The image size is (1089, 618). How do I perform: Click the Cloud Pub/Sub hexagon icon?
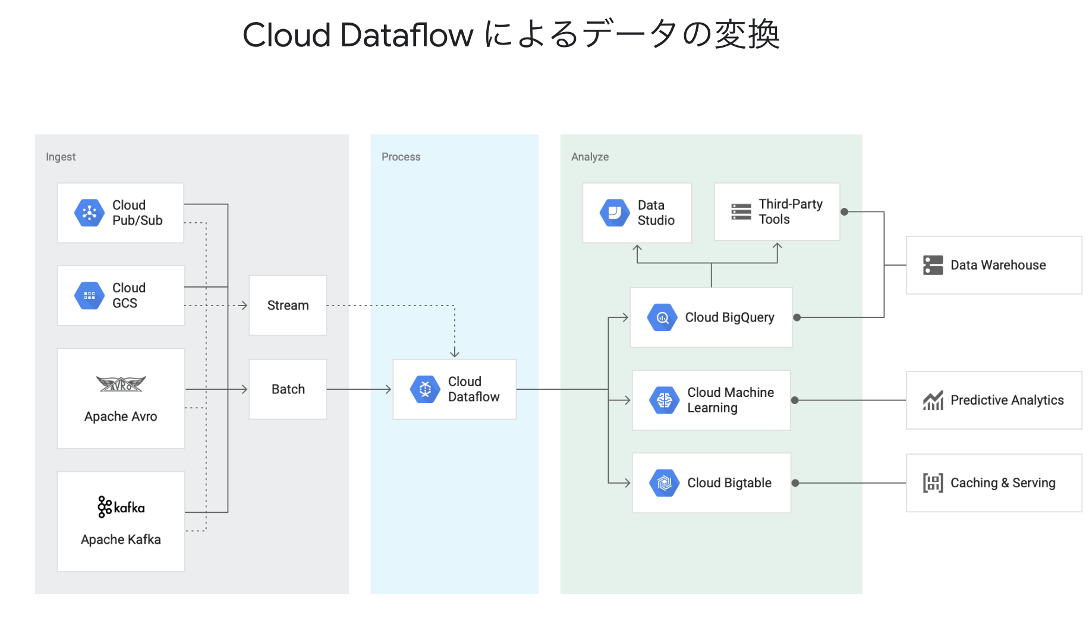pyautogui.click(x=89, y=213)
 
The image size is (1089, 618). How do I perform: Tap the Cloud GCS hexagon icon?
pyautogui.click(x=89, y=295)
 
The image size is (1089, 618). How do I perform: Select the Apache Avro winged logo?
pyautogui.click(x=121, y=384)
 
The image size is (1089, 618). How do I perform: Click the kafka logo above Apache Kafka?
pyautogui.click(x=121, y=507)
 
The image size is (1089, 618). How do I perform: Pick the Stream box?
pyautogui.click(x=288, y=305)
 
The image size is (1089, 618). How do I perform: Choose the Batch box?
pyautogui.click(x=288, y=389)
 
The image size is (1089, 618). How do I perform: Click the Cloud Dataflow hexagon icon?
pyautogui.click(x=425, y=389)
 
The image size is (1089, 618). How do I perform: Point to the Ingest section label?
pyautogui.click(x=61, y=157)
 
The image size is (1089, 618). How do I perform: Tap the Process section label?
pyautogui.click(x=401, y=157)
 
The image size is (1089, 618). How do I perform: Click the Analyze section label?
pyautogui.click(x=590, y=157)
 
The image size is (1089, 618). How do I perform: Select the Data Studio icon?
pyautogui.click(x=615, y=213)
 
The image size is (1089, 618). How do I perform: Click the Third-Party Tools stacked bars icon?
pyautogui.click(x=741, y=212)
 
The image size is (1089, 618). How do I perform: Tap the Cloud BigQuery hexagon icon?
pyautogui.click(x=662, y=317)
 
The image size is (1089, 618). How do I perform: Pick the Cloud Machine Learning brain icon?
pyautogui.click(x=665, y=400)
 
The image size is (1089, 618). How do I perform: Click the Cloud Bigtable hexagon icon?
pyautogui.click(x=665, y=483)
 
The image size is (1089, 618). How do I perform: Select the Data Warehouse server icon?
pyautogui.click(x=933, y=265)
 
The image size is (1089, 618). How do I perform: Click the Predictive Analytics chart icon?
pyautogui.click(x=933, y=401)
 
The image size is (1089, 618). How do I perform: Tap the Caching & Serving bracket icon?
pyautogui.click(x=933, y=483)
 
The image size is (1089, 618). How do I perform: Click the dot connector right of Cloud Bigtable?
pyautogui.click(x=795, y=483)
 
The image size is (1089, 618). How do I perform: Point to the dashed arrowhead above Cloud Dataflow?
pyautogui.click(x=455, y=354)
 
